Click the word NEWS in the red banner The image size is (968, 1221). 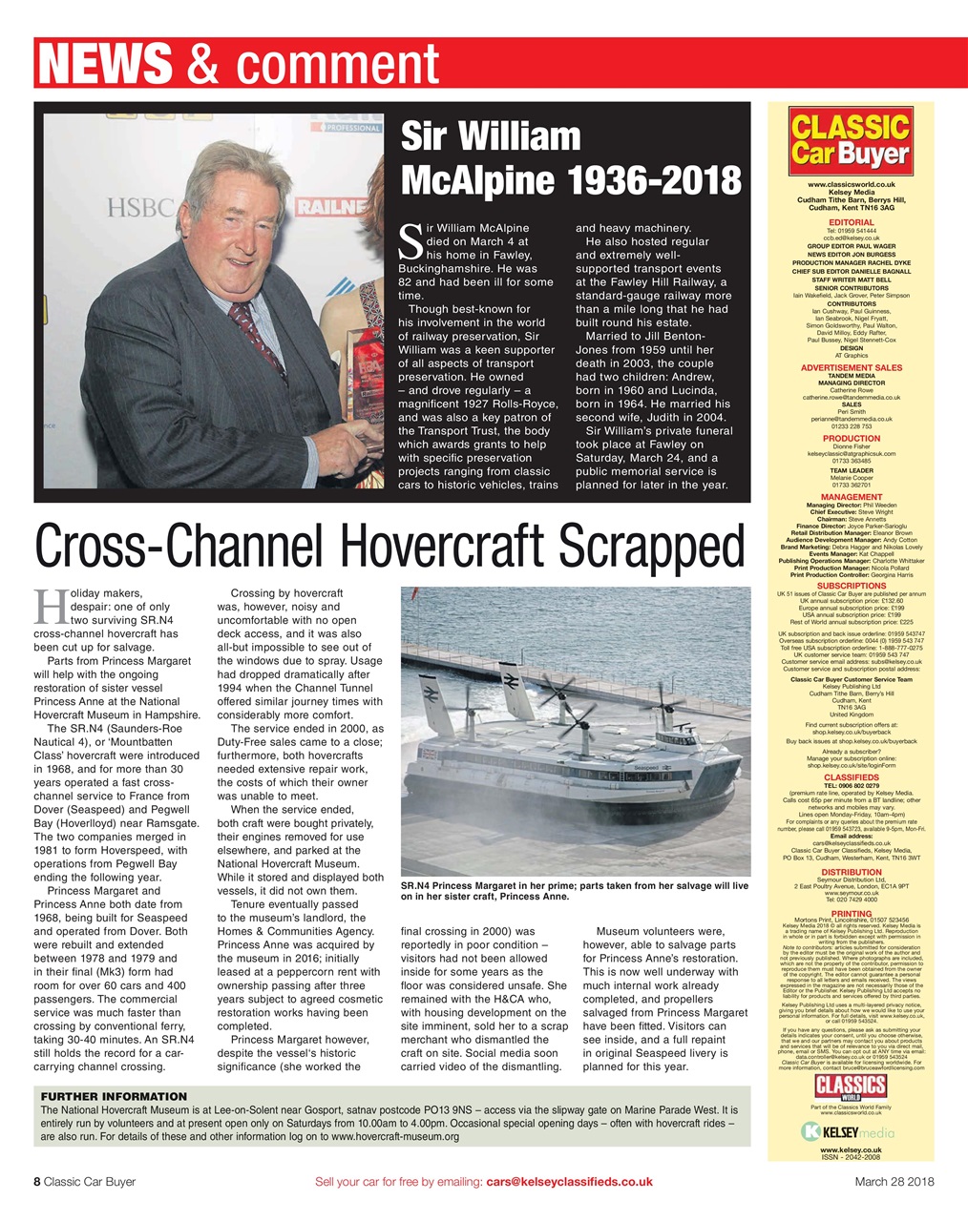(x=106, y=63)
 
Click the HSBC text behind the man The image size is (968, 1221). (x=140, y=208)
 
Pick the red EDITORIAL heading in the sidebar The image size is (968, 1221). (x=850, y=222)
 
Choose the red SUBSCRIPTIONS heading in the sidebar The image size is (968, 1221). (x=850, y=586)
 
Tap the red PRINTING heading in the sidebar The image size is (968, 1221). (x=850, y=913)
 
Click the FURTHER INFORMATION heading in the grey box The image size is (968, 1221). (x=114, y=1096)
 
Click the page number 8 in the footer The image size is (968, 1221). (x=37, y=1182)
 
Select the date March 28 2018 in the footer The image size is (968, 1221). (x=894, y=1182)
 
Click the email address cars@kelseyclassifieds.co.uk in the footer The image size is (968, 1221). (x=569, y=1182)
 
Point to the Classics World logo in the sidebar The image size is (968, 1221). (x=850, y=1086)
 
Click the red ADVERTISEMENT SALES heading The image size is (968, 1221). (x=850, y=367)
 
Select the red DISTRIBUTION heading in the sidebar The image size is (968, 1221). (x=850, y=872)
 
